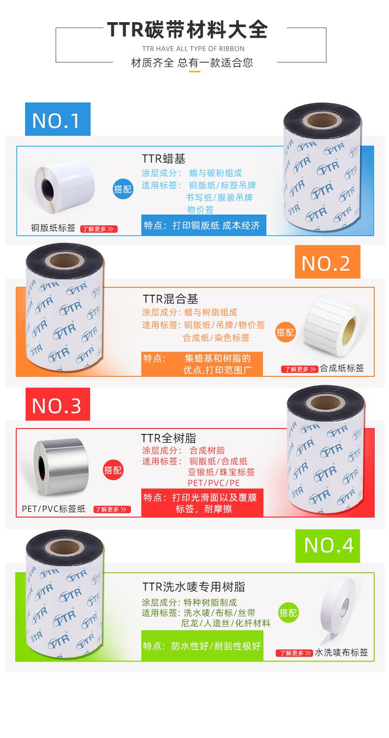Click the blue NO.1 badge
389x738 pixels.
[x=58, y=120]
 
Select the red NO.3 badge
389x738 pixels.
[x=58, y=404]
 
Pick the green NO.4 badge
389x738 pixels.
[x=327, y=546]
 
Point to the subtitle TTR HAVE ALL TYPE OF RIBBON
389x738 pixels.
[x=193, y=49]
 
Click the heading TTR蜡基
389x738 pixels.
[x=163, y=158]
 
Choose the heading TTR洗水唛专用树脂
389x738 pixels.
[x=194, y=586]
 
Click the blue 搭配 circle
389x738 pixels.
[x=123, y=189]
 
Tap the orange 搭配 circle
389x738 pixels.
[x=286, y=332]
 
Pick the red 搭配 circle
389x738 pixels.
[x=113, y=470]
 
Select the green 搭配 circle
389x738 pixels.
[x=289, y=613]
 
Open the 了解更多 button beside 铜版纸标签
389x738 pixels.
[x=99, y=229]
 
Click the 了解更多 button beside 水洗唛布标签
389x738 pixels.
[x=294, y=653]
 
